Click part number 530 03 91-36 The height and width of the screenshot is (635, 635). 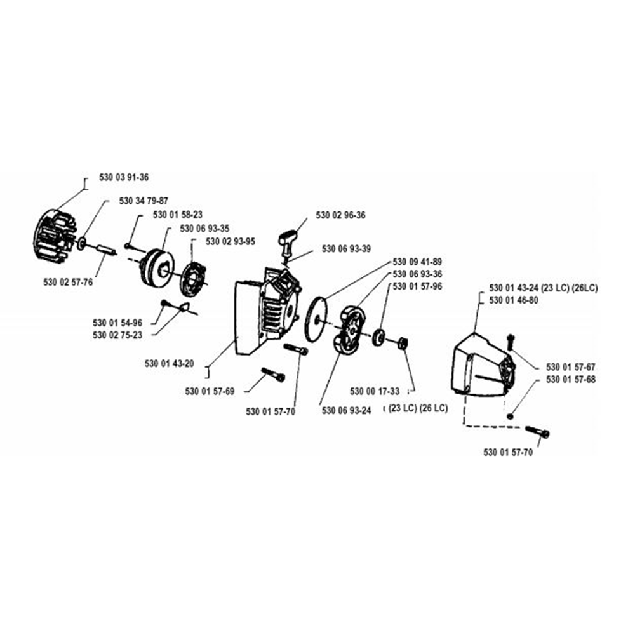coord(124,177)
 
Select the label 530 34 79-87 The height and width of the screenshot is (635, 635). coord(144,201)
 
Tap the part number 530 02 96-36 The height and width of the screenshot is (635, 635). coord(340,215)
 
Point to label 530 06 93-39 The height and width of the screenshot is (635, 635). coord(346,249)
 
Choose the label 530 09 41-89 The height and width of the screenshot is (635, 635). coord(417,262)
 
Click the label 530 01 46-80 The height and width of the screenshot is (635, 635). coord(514,300)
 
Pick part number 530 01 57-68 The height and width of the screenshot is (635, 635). coord(571,380)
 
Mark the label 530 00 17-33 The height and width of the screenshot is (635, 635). coord(375,391)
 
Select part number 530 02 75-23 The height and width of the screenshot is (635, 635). coord(117,335)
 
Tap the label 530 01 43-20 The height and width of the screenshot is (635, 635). coord(170,364)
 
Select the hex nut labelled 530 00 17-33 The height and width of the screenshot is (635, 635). coord(403,344)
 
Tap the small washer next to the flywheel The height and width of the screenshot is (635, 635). coord(82,243)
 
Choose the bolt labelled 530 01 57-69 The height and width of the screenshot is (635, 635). coord(273,375)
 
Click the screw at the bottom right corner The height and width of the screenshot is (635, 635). coord(537,432)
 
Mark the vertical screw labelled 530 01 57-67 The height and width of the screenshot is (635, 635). coord(511,342)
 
